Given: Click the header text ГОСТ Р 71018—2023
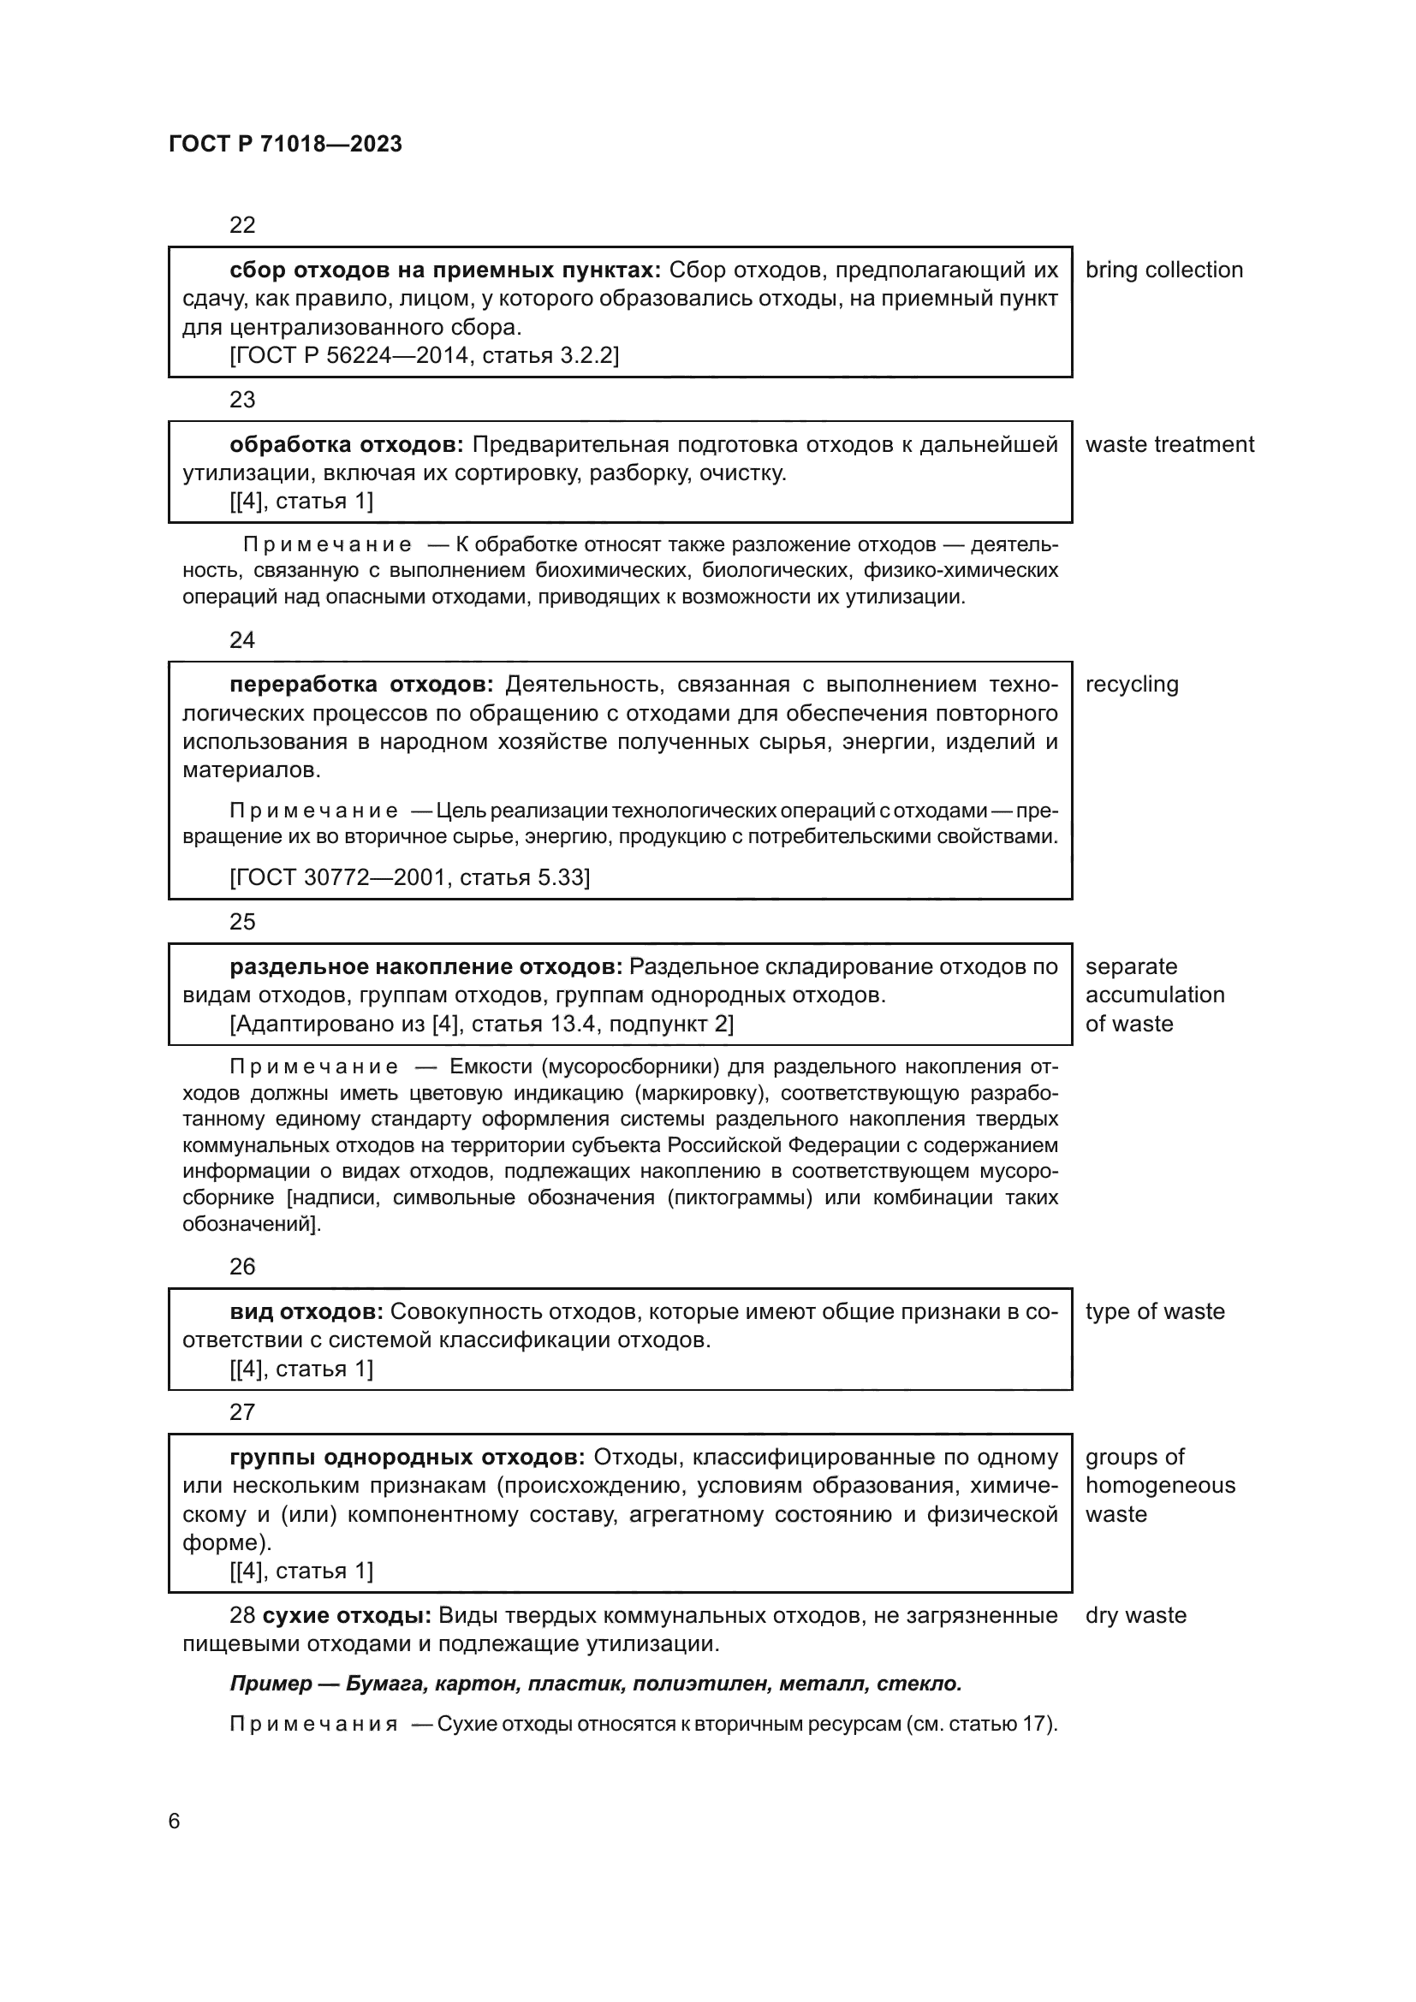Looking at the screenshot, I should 285,144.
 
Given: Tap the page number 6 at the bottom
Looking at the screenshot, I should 175,1821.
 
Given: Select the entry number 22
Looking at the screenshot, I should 241,225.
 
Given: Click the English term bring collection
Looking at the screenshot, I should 1163,270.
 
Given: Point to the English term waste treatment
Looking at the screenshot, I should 1169,445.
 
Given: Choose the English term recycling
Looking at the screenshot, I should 1131,685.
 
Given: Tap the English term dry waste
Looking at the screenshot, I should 1135,1615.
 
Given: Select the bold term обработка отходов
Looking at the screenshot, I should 346,445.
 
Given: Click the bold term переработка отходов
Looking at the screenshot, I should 361,685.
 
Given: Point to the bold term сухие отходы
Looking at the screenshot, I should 346,1615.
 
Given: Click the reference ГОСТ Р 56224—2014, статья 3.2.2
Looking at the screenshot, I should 424,356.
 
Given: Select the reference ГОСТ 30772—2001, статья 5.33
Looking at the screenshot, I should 409,877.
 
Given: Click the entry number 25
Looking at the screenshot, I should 241,922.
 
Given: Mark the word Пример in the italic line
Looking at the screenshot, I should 271,1684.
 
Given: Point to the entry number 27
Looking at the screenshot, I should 241,1411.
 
